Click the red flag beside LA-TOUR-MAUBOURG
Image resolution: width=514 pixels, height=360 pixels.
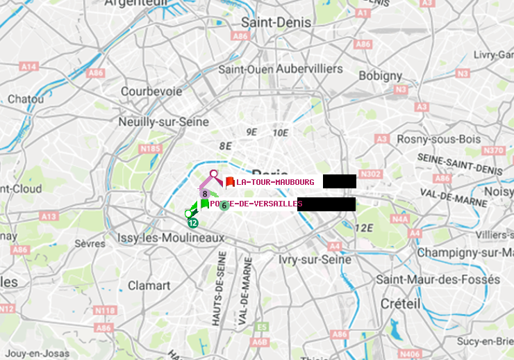point(229,181)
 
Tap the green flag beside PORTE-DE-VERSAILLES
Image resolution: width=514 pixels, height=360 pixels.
point(204,204)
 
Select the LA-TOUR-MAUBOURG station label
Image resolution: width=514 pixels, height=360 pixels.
point(275,182)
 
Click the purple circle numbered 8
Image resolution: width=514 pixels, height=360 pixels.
point(206,193)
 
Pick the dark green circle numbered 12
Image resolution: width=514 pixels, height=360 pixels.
point(192,223)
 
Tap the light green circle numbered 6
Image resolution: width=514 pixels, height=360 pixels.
point(224,206)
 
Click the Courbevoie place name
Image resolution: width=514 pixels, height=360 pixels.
point(151,91)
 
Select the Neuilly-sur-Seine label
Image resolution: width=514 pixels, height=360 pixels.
point(164,122)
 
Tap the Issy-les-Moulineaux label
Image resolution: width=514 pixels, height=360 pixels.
point(172,238)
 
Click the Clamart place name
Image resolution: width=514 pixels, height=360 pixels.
point(149,285)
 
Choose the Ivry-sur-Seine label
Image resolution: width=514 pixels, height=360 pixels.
point(314,259)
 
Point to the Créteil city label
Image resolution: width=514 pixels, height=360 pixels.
point(400,304)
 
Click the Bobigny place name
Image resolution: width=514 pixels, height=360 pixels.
point(380,74)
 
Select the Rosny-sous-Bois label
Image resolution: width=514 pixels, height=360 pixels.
point(438,139)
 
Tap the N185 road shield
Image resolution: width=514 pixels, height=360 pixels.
point(150,148)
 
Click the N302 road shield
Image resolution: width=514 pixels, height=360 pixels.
point(372,174)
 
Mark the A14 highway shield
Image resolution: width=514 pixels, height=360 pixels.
point(28,66)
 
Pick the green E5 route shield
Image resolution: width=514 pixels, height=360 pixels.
point(262,327)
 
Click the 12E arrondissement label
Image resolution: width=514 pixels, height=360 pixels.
point(364,227)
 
